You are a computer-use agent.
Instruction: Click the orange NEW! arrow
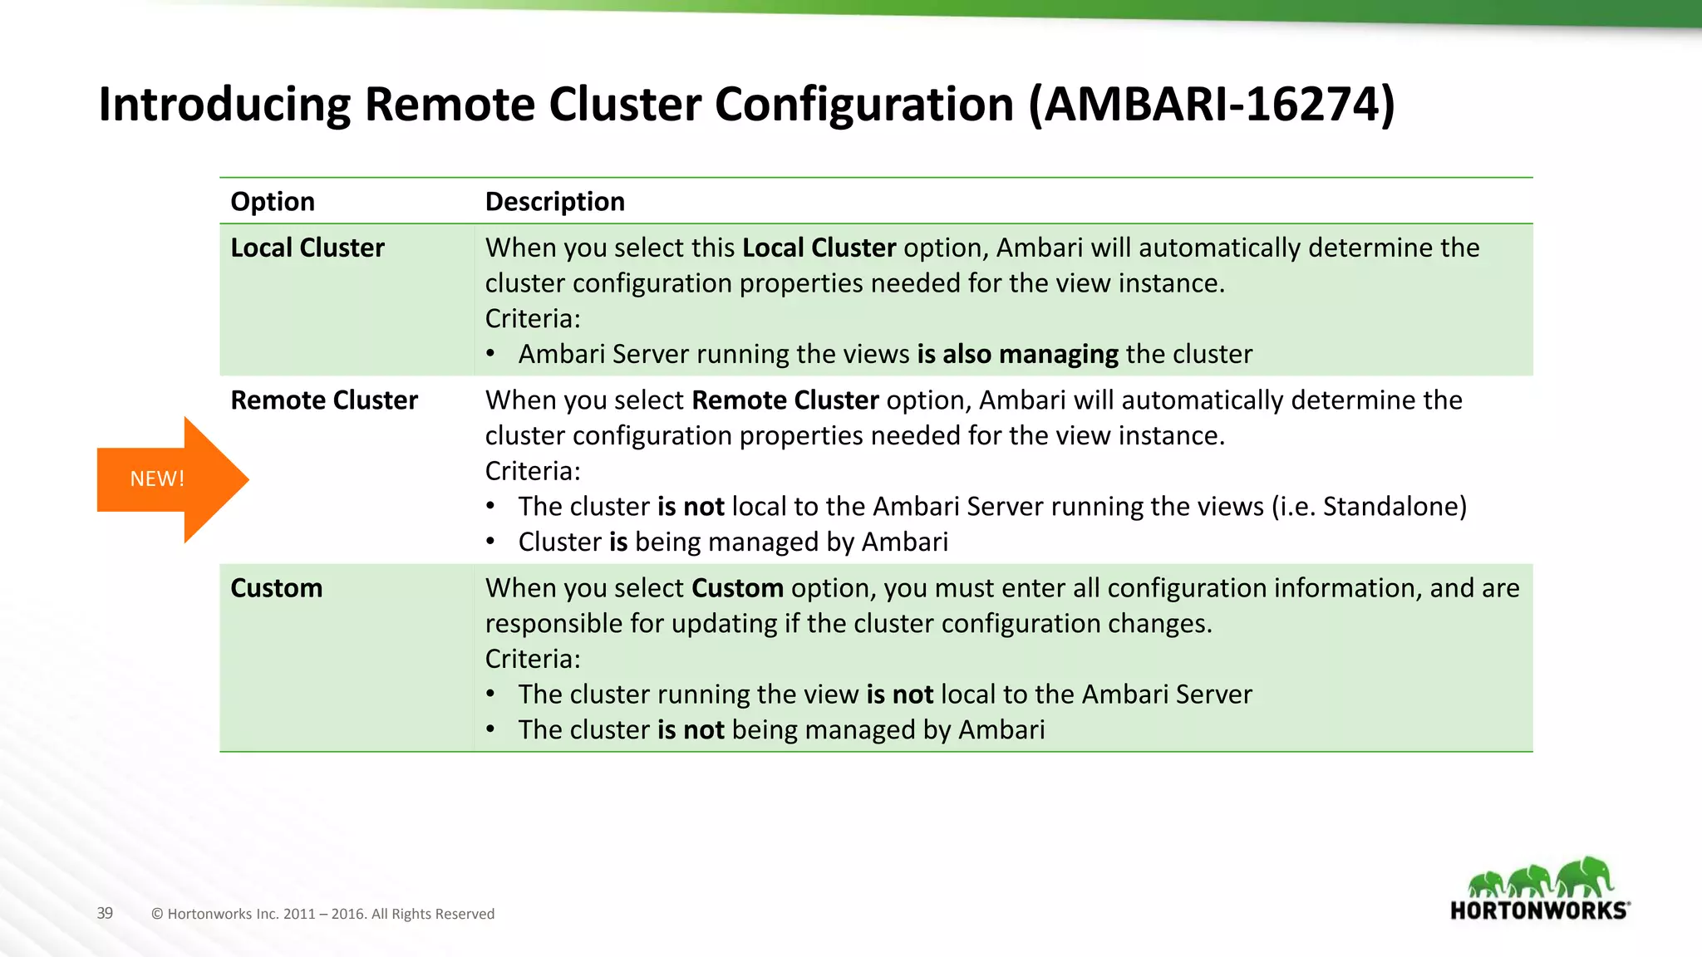coord(166,479)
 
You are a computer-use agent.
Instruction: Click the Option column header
coord(273,202)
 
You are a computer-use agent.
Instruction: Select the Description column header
coord(554,202)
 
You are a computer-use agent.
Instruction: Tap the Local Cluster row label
coord(307,248)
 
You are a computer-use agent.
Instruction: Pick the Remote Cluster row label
coord(323,400)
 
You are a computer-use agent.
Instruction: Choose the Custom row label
coord(276,588)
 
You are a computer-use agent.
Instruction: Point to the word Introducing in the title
coord(224,105)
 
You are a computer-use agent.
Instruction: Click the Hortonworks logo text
coord(1538,910)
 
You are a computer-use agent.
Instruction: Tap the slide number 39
coord(105,913)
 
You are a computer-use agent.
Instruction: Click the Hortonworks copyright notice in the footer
coord(322,914)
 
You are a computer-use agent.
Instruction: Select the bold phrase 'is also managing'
coord(1017,355)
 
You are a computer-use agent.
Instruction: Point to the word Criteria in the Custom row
coord(532,660)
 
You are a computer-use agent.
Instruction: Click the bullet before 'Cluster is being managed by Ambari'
coord(491,542)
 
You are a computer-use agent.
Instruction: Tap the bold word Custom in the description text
coord(737,588)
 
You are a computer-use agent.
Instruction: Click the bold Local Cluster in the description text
coord(819,248)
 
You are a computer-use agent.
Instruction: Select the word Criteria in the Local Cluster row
coord(532,319)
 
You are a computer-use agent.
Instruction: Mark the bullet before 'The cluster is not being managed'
coord(491,729)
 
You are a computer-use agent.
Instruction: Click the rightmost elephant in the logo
coord(1585,876)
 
